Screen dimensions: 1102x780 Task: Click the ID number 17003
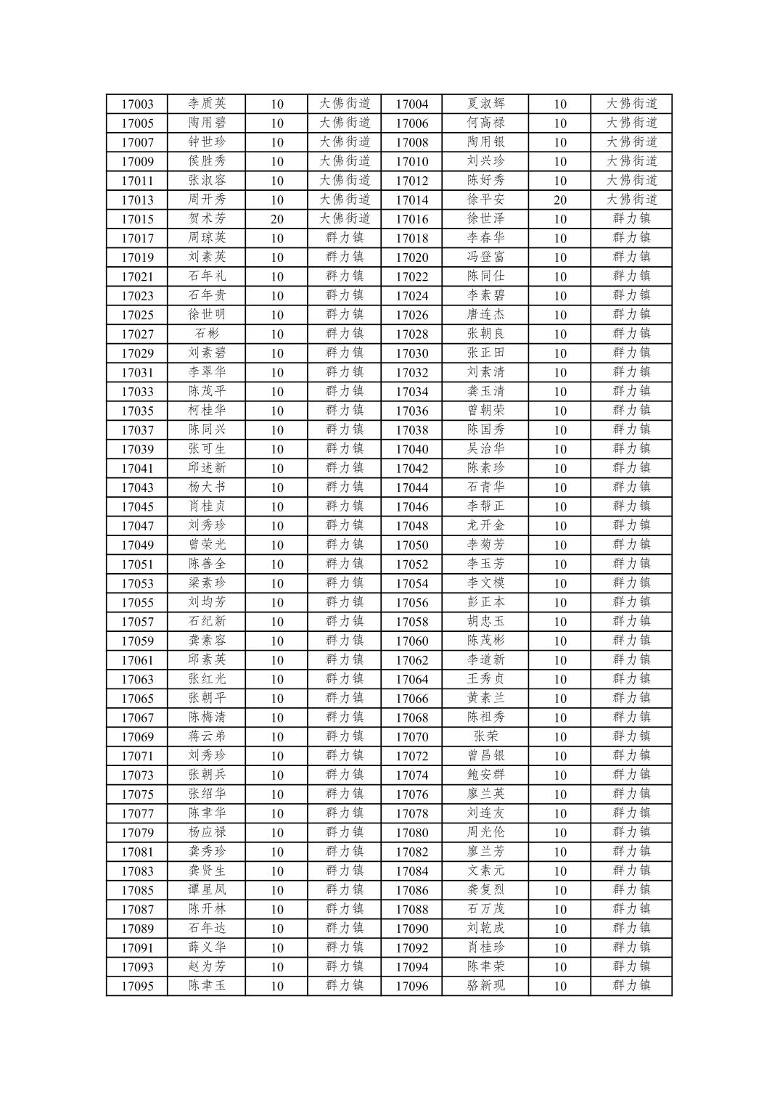[137, 104]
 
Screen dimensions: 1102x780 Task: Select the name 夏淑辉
[485, 104]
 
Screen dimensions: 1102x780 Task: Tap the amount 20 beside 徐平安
[559, 200]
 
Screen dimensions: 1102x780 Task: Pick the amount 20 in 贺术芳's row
[276, 219]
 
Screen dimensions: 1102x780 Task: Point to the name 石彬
[207, 334]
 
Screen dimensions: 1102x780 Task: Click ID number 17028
[411, 334]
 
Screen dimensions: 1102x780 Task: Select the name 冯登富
[485, 257]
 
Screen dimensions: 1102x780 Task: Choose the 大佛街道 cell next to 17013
[345, 200]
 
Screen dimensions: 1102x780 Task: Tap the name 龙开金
[485, 525]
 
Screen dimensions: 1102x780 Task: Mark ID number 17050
[411, 545]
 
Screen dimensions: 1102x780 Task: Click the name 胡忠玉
[485, 622]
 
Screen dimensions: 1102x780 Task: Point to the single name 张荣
[485, 736]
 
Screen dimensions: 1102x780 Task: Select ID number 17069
[137, 737]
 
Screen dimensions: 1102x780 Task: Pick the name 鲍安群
[485, 775]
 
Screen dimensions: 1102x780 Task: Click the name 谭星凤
[207, 889]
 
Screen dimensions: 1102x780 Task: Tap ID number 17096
[411, 986]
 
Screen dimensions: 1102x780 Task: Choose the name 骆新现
[485, 985]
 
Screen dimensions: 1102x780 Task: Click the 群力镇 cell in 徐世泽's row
[631, 218]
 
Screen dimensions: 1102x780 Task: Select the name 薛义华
[207, 947]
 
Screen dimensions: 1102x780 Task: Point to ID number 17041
[137, 469]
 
